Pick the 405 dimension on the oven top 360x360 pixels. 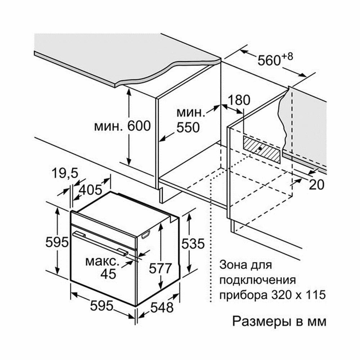pyautogui.click(x=89, y=189)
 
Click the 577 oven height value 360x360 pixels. pyautogui.click(x=159, y=268)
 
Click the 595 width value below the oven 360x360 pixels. pyautogui.click(x=102, y=305)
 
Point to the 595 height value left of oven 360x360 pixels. pyautogui.click(x=57, y=242)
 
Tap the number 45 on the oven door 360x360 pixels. pyautogui.click(x=108, y=274)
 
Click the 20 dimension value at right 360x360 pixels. pyautogui.click(x=317, y=184)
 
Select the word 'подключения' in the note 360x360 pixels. pyautogui.click(x=257, y=280)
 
